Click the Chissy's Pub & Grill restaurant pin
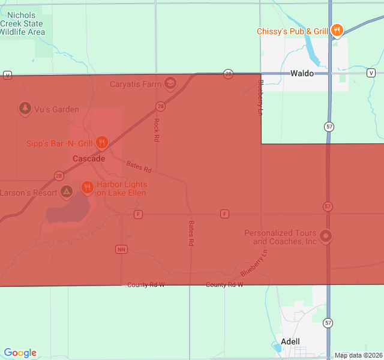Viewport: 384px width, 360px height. coord(337,30)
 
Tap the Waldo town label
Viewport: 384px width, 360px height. coord(302,73)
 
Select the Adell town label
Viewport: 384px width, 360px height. coord(290,341)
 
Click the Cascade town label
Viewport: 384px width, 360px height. coord(89,159)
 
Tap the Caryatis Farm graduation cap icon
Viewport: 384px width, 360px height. coord(171,83)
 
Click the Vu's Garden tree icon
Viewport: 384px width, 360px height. coord(25,109)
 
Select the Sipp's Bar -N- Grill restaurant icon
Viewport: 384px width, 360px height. coord(102,142)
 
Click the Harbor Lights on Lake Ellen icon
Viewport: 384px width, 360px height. coord(87,188)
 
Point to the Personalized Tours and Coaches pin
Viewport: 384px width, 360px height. coord(326,236)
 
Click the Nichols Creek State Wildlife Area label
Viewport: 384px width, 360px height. coord(22,23)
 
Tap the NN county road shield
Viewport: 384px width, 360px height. coord(121,248)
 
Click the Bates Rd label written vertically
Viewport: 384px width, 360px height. coord(191,234)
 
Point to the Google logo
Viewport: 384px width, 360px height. coord(20,353)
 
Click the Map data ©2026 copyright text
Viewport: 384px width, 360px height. coord(358,355)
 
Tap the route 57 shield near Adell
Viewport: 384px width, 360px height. coord(328,323)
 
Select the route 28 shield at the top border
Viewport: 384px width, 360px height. coord(228,73)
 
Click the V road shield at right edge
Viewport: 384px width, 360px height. coord(371,73)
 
